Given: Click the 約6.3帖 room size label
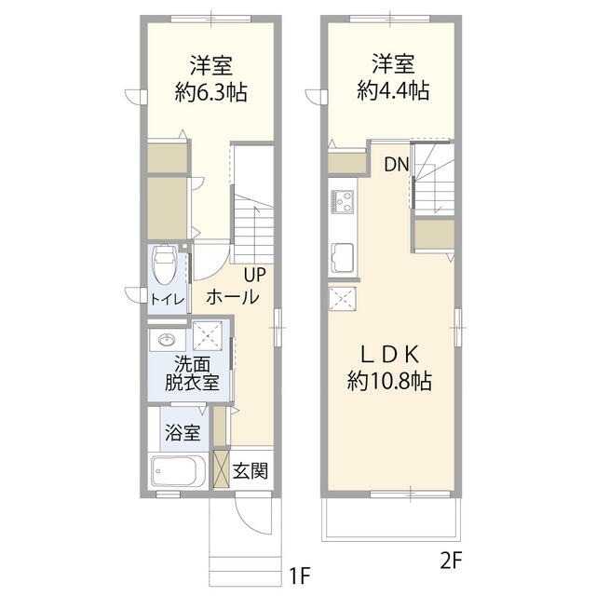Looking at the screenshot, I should pos(211,92).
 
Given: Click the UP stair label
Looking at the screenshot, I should pos(255,275).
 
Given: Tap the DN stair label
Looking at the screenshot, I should pos(398,166).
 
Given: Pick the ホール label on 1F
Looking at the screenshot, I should pos(232,297).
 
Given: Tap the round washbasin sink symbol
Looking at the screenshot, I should pos(169,339).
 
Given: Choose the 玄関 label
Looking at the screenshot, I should pos(249,469).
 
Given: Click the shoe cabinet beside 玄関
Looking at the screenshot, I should pos(221,468).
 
